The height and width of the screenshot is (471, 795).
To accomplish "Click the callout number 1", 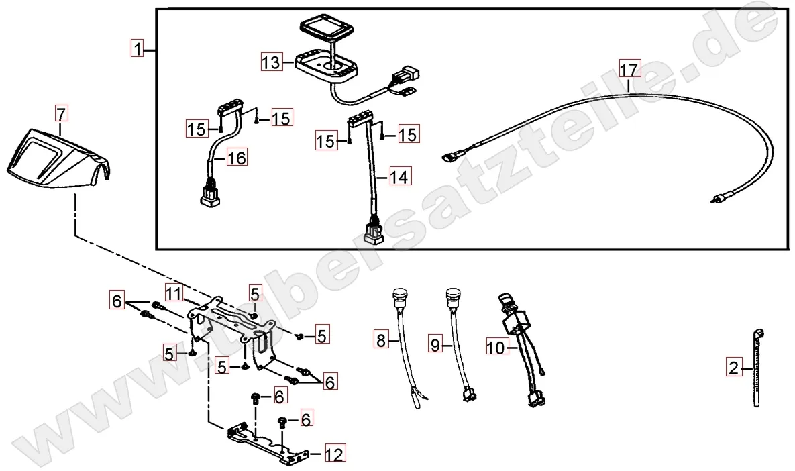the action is pyautogui.click(x=137, y=49).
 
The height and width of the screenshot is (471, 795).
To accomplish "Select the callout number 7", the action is pyautogui.click(x=60, y=113).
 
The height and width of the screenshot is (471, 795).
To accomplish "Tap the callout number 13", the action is pyautogui.click(x=271, y=62).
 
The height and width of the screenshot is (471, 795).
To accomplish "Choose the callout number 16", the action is pyautogui.click(x=236, y=158).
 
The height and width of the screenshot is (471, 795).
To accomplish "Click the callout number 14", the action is pyautogui.click(x=399, y=177).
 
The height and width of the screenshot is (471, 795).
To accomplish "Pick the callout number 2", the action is pyautogui.click(x=734, y=367).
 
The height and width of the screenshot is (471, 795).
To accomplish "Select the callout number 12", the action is pyautogui.click(x=335, y=454).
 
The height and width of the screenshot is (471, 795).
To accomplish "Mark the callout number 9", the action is pyautogui.click(x=435, y=345).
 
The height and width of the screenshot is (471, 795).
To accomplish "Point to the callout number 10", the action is pyautogui.click(x=497, y=348).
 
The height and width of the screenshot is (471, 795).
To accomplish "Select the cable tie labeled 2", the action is pyautogui.click(x=757, y=368).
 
